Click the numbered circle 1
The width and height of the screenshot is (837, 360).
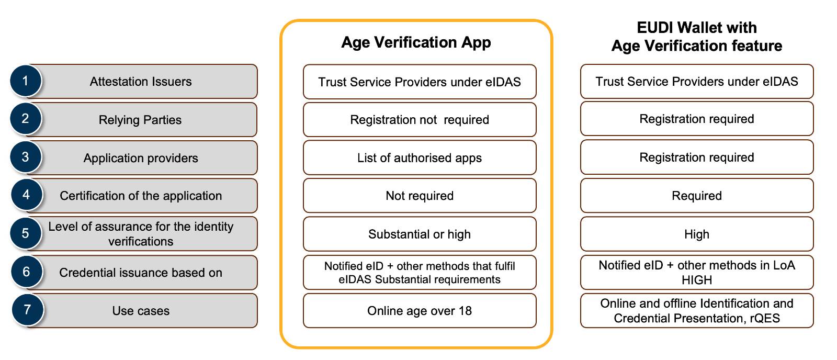click(x=26, y=81)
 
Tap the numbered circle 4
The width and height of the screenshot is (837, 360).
click(x=26, y=195)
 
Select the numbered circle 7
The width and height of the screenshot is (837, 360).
click(x=27, y=310)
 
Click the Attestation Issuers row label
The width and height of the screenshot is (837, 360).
click(x=141, y=82)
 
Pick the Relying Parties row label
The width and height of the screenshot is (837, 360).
click(x=140, y=120)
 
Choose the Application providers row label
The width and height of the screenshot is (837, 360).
click(x=141, y=158)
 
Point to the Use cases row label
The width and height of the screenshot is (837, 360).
click(x=141, y=311)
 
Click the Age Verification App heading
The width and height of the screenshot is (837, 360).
click(x=416, y=42)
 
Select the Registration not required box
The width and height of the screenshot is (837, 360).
click(x=420, y=120)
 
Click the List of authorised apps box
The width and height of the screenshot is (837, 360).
click(x=420, y=157)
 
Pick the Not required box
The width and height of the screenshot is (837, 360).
click(x=420, y=196)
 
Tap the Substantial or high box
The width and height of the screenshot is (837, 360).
click(x=420, y=234)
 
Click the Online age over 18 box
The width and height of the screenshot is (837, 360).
click(x=420, y=311)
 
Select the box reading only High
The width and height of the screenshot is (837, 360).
click(x=697, y=234)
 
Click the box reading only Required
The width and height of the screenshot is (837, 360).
click(x=697, y=196)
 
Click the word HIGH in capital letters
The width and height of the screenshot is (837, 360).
click(x=697, y=280)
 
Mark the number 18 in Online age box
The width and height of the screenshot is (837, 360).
click(x=465, y=311)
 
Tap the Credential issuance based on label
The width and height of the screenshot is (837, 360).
click(x=141, y=273)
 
